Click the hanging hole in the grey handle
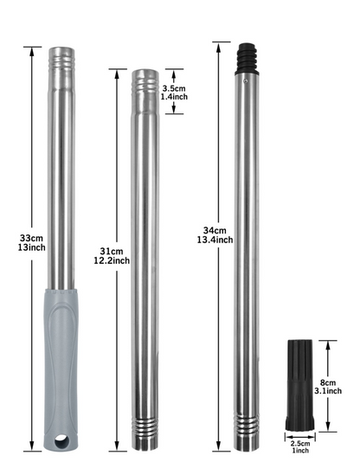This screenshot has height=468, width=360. pyautogui.click(x=61, y=441)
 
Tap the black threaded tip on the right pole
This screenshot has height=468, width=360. pyautogui.click(x=247, y=59)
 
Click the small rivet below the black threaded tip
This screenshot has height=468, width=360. pyautogui.click(x=246, y=80)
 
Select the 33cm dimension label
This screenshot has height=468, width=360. pyautogui.click(x=31, y=238)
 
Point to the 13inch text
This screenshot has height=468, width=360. pyautogui.click(x=31, y=247)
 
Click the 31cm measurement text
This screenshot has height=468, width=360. pyautogui.click(x=112, y=251)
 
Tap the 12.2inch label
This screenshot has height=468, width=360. pyautogui.click(x=112, y=260)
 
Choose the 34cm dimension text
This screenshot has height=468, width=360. pyautogui.click(x=215, y=230)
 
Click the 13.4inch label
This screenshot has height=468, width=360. pyautogui.click(x=215, y=240)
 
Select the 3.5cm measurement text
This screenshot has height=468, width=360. pyautogui.click(x=174, y=88)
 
